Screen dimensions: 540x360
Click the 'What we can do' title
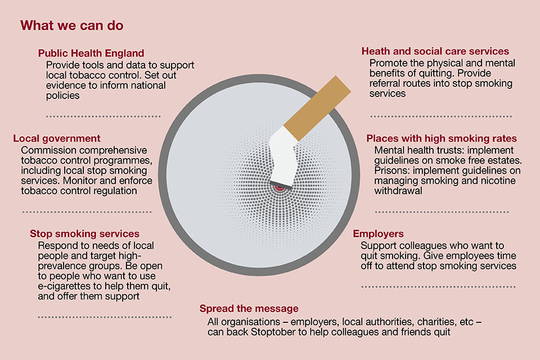click(71, 25)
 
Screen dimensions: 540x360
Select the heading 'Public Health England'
click(91, 53)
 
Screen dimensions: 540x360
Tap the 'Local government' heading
click(57, 138)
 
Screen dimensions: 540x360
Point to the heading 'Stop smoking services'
click(84, 233)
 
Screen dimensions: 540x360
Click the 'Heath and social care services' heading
click(435, 51)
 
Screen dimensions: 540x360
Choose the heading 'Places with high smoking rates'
click(442, 138)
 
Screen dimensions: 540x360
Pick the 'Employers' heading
click(378, 234)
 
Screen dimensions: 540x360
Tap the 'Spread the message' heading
click(249, 308)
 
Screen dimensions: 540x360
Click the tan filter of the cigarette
click(317, 108)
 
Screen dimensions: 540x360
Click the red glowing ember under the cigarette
click(280, 188)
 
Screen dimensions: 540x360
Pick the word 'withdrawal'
click(398, 191)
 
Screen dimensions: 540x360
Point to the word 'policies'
click(62, 96)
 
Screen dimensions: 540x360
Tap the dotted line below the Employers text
click(438, 287)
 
